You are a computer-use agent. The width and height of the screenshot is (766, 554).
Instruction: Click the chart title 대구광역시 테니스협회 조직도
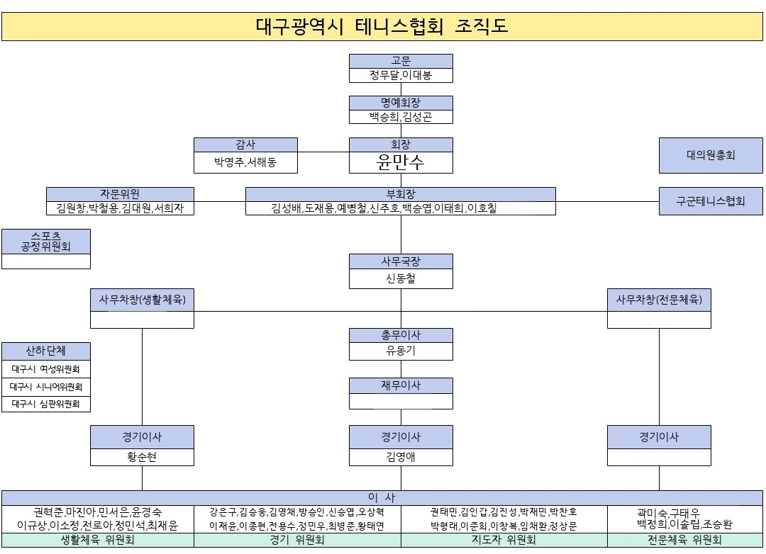point(382,26)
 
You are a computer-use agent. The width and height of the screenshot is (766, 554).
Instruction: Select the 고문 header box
point(401,61)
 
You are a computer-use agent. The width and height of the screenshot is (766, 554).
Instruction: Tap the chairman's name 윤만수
point(401,162)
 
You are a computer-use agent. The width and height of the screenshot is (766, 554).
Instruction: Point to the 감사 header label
point(245,145)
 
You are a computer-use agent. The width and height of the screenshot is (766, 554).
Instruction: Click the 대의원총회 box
point(710,155)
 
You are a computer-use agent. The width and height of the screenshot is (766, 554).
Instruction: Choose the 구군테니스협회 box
point(710,201)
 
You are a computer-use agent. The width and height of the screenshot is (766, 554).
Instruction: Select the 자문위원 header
point(120,194)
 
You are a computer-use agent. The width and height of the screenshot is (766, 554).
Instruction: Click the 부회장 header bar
point(401,194)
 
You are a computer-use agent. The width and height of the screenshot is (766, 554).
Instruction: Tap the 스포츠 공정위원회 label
point(46,241)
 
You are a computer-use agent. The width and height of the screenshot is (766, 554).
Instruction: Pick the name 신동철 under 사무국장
point(401,278)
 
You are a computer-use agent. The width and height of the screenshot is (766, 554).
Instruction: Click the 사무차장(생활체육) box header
point(142,300)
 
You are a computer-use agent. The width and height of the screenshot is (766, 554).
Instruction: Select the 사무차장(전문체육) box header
point(659,300)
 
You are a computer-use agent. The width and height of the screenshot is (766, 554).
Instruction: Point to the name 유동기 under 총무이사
point(401,351)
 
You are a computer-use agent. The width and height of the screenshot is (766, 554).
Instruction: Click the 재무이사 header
point(401,385)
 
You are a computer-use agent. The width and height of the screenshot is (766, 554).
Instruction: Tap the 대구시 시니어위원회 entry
point(46,387)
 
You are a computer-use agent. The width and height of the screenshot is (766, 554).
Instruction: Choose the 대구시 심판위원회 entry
point(46,404)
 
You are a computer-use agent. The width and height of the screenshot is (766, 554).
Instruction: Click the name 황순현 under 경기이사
point(142,457)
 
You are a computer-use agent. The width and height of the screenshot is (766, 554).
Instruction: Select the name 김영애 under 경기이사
point(401,457)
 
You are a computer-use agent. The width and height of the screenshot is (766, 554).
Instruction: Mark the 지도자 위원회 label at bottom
point(504,540)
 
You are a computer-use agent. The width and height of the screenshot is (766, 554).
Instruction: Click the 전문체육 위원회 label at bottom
point(684,540)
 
